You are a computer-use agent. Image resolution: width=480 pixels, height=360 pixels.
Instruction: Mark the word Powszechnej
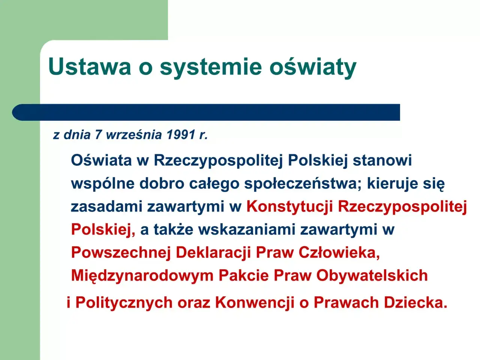tap(121, 253)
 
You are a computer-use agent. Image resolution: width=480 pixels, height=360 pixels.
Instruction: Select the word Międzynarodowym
tap(142, 276)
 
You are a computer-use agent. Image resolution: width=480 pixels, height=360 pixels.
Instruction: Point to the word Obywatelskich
tap(372, 276)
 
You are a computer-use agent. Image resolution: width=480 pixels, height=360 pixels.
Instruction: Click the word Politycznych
tap(124, 303)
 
